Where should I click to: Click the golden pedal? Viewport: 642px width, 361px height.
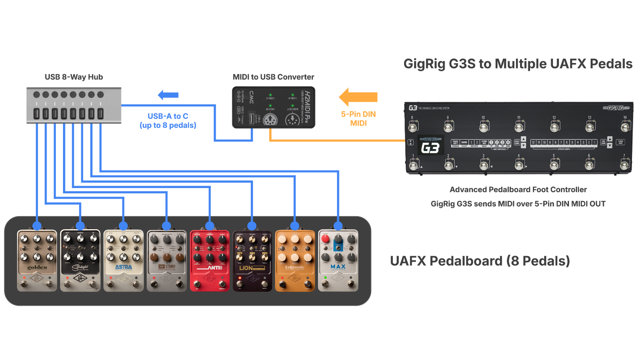coord(37,260)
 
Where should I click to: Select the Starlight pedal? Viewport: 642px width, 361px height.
coord(80,260)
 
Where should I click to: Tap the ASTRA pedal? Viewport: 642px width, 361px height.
coord(124,260)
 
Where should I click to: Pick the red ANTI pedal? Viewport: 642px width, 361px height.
coord(209,260)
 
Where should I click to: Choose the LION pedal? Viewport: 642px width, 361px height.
coord(252,260)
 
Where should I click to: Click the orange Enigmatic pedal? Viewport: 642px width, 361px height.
coord(295,260)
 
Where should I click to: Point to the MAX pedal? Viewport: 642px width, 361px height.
coord(338,260)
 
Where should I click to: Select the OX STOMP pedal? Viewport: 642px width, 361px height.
coord(167,260)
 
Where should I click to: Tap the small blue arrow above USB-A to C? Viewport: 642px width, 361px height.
coord(168,95)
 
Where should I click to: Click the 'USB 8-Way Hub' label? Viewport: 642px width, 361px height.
coord(74,77)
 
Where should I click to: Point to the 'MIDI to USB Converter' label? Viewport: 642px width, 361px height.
coord(274,77)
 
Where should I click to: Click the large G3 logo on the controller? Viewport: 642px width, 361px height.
coord(430,148)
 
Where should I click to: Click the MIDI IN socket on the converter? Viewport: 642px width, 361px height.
coord(270,120)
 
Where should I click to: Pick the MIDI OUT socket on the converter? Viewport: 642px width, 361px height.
coord(292,120)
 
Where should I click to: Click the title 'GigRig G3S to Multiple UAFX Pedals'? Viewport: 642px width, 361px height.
coord(518,64)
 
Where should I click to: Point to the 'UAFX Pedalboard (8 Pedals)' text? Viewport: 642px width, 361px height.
coord(479,261)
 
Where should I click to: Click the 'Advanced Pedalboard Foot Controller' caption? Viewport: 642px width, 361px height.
coord(518,189)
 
